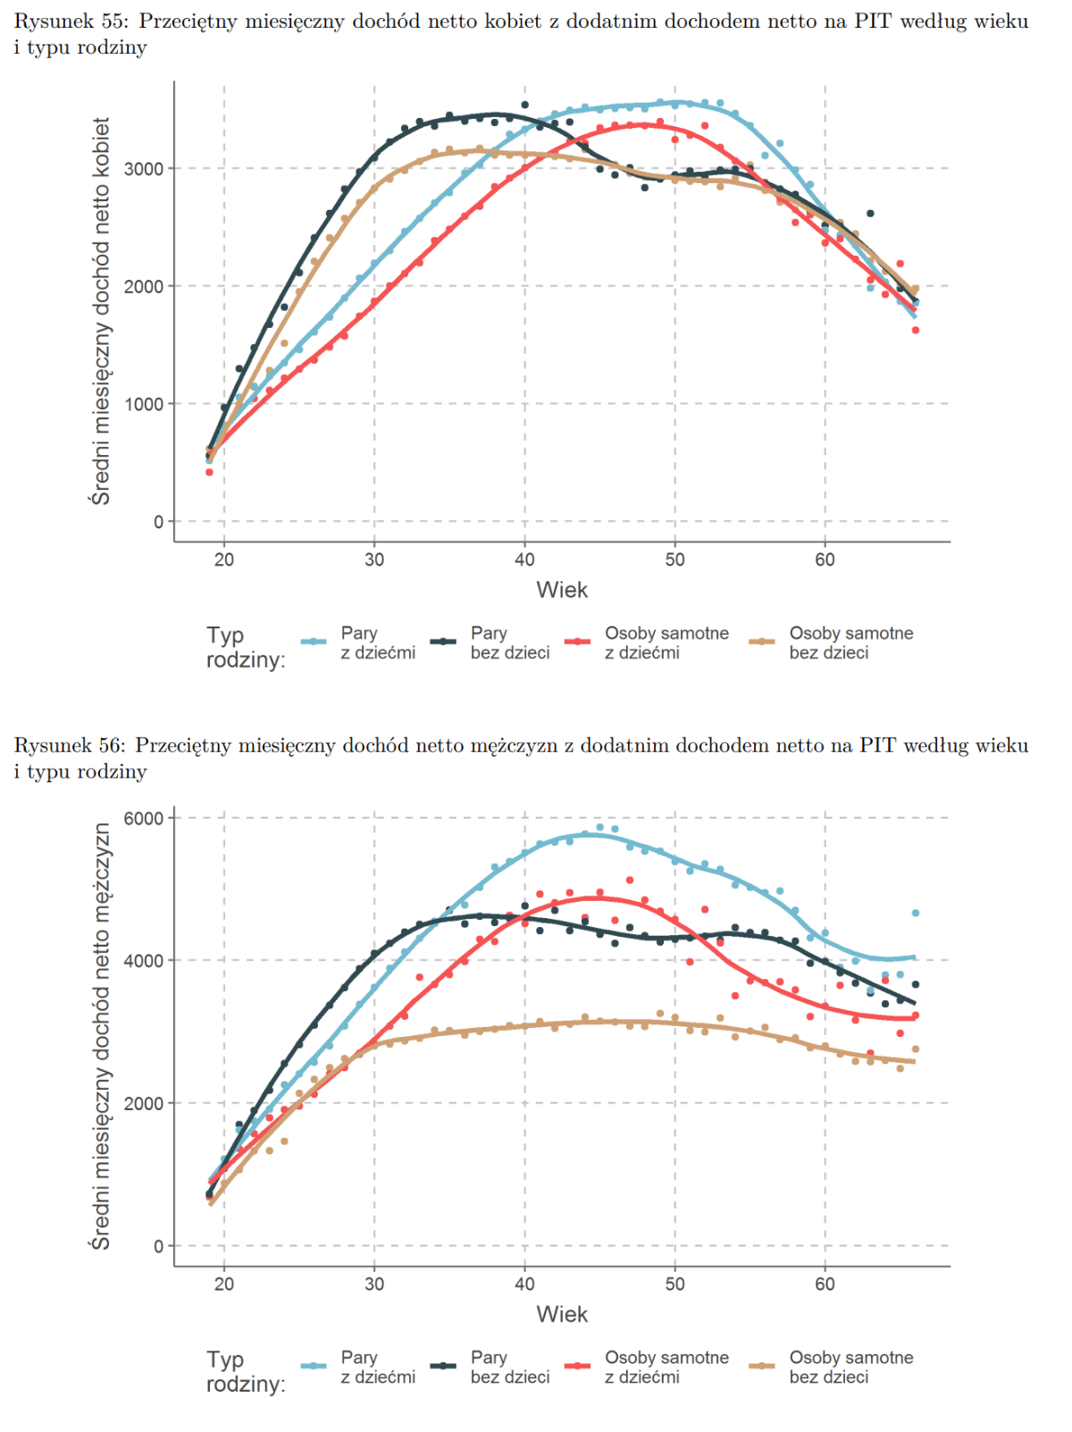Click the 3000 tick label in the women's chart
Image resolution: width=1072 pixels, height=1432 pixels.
click(x=143, y=169)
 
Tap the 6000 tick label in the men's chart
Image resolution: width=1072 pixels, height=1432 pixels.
click(x=143, y=819)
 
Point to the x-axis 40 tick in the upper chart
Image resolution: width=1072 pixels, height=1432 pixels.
click(x=524, y=560)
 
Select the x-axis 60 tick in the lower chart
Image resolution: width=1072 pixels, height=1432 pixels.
click(x=825, y=1285)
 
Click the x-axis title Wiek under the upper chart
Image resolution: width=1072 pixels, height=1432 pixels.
click(x=562, y=590)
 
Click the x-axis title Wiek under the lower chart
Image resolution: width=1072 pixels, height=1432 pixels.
click(x=562, y=1315)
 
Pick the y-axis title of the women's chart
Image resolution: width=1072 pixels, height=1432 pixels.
click(x=101, y=310)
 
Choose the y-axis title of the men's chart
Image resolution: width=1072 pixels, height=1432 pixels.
click(x=101, y=1036)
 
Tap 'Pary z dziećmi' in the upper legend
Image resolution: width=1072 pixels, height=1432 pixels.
click(x=378, y=643)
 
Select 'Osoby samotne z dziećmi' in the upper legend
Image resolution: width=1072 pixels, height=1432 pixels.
click(x=666, y=643)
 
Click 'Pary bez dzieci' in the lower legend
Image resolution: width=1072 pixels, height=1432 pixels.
click(x=509, y=1368)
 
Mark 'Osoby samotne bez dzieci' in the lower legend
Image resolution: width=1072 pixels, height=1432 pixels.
click(x=850, y=1368)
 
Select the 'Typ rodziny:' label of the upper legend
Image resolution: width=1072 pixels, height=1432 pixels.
click(x=246, y=647)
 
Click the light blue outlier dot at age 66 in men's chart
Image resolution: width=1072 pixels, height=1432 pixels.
click(x=915, y=914)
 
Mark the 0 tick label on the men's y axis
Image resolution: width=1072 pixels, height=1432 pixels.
click(x=158, y=1247)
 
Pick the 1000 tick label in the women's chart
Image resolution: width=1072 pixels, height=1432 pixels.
click(x=143, y=404)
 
